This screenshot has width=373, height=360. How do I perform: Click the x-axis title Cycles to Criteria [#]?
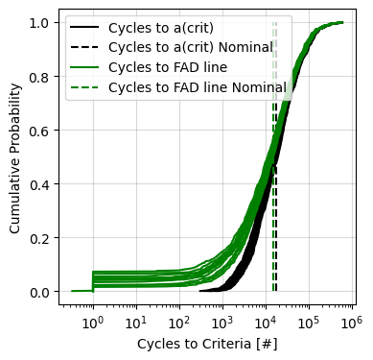point(207,343)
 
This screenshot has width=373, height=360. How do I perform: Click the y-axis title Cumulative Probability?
point(14,156)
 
